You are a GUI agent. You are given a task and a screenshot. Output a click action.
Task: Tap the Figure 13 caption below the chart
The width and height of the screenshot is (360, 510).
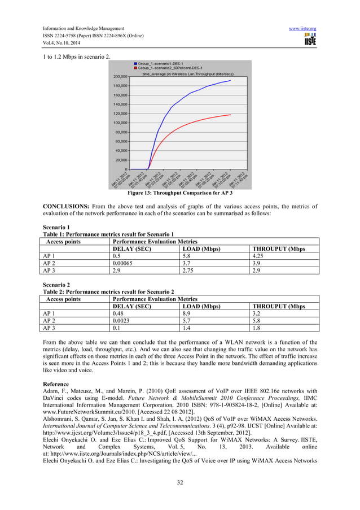(x=179, y=193)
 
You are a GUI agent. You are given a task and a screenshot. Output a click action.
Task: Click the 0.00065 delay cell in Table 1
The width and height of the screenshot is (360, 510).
(x=123, y=263)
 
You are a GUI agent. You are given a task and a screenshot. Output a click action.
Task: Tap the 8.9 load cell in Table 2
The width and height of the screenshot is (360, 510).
(x=187, y=314)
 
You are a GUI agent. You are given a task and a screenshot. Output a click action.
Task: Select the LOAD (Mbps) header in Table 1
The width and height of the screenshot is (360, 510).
(x=202, y=248)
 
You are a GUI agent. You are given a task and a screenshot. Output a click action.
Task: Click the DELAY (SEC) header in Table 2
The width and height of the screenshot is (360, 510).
(x=131, y=307)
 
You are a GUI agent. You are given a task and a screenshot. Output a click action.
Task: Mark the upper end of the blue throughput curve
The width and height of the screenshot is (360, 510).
(x=230, y=80)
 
